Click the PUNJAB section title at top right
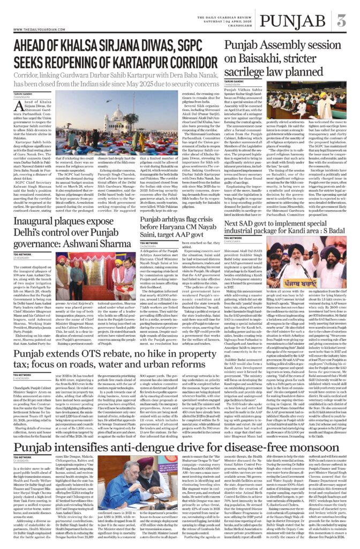pyautogui.click(x=291, y=22)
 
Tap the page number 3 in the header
pyautogui.click(x=341, y=22)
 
